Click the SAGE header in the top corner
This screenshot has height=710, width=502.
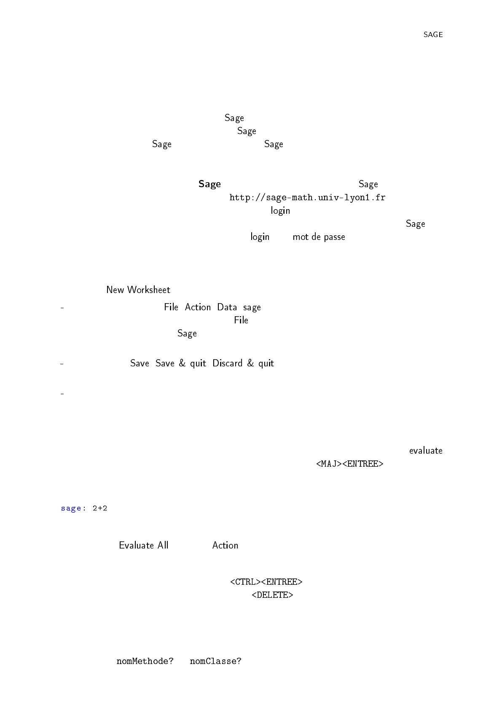coord(433,35)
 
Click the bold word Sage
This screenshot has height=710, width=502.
coord(209,184)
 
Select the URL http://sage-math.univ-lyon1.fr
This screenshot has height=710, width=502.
coord(307,197)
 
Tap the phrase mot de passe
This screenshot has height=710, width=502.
coord(319,237)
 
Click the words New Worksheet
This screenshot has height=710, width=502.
coord(138,290)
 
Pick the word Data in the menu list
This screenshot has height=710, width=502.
coord(227,307)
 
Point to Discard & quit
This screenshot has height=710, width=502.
coord(243,363)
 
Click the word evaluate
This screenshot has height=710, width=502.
coord(426,451)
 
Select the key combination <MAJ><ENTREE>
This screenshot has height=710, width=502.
coord(350,464)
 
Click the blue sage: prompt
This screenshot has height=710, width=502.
coord(73,508)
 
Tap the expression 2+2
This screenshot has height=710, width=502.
coord(100,508)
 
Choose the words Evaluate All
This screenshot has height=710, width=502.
coord(144,545)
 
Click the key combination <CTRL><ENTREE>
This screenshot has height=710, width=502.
coord(266,582)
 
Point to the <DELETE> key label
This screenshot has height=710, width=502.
coord(272,595)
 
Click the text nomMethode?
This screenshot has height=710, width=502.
coord(145,661)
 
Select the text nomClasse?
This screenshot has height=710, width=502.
coord(215,661)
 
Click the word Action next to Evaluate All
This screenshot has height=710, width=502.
coord(225,545)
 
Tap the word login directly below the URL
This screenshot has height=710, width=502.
coord(280,211)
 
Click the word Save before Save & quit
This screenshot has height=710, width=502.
coord(140,363)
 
